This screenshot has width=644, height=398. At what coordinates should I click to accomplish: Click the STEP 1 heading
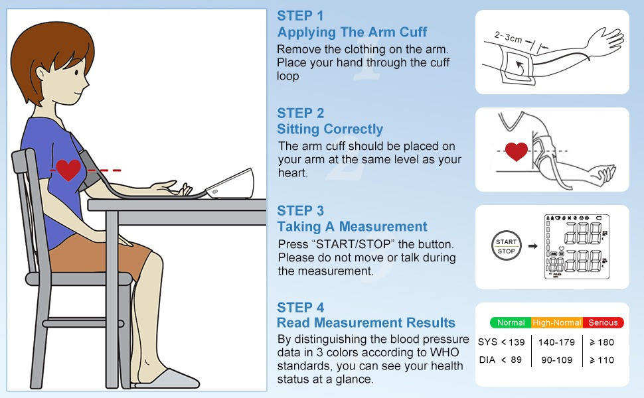[300, 16]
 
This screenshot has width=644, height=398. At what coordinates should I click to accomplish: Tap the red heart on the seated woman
[68, 170]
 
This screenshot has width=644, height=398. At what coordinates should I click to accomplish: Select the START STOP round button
[507, 246]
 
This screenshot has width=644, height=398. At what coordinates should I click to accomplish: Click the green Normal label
[511, 322]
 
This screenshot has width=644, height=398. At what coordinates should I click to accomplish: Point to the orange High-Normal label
[557, 322]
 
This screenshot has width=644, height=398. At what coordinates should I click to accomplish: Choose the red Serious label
[603, 322]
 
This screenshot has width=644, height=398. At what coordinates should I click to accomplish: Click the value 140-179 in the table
[556, 342]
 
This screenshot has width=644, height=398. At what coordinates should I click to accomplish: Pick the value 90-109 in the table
[556, 360]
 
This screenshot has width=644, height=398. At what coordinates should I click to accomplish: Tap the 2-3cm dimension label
[508, 37]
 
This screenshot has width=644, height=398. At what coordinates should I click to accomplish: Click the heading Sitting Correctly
[330, 129]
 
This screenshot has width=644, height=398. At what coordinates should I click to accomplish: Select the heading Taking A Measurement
[352, 226]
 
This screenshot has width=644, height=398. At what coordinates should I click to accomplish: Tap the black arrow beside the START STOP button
[532, 246]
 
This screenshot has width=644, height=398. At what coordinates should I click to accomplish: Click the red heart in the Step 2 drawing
[517, 151]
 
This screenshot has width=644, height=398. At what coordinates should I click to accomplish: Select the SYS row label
[487, 342]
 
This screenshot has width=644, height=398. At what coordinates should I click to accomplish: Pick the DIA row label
[487, 360]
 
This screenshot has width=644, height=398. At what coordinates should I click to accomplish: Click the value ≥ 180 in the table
[602, 342]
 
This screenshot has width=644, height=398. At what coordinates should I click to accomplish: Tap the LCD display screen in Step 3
[577, 247]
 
